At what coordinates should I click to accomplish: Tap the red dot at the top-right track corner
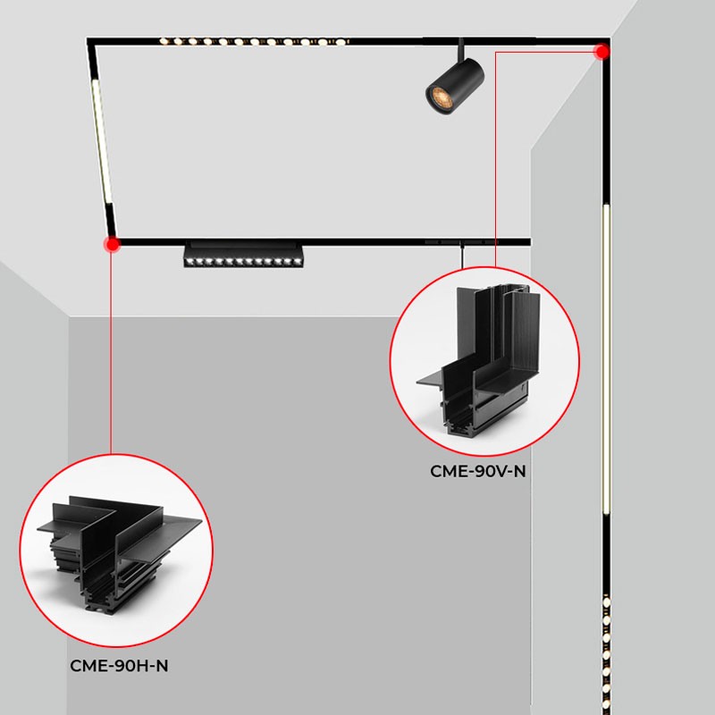(x=602, y=51)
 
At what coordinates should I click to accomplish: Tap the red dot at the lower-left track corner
(x=112, y=243)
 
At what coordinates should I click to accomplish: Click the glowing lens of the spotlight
(x=438, y=94)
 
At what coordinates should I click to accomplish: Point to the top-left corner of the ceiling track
(x=89, y=40)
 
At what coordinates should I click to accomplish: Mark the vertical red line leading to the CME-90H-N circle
(x=112, y=357)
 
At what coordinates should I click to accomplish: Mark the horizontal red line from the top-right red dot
(x=545, y=52)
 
